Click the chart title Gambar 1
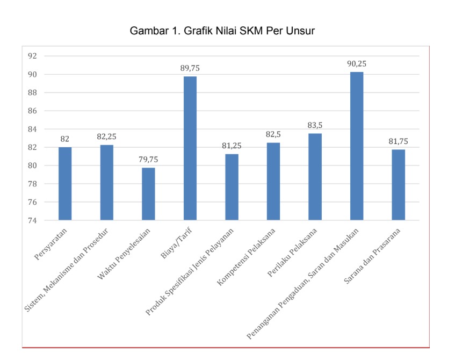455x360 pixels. (222, 31)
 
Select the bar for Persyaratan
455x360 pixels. (65, 183)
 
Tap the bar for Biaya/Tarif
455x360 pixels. (190, 148)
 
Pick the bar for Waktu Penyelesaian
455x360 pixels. (148, 194)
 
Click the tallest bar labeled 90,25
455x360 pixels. (357, 146)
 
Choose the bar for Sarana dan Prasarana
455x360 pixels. (399, 185)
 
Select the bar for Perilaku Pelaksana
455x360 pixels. (315, 177)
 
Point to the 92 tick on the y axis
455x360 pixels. (32, 56)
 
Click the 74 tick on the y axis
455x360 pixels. (32, 220)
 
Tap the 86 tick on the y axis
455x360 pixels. (32, 111)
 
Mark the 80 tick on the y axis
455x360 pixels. (32, 165)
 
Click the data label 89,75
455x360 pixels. (190, 68)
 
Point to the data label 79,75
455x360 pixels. (148, 160)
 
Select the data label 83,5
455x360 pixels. (315, 125)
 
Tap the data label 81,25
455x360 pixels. (232, 146)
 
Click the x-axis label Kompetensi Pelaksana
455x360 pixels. (246, 257)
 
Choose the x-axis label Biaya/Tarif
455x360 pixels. (176, 243)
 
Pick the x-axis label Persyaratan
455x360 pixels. (50, 244)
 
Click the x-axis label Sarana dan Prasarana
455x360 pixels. (372, 256)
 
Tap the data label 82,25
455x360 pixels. (106, 136)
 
